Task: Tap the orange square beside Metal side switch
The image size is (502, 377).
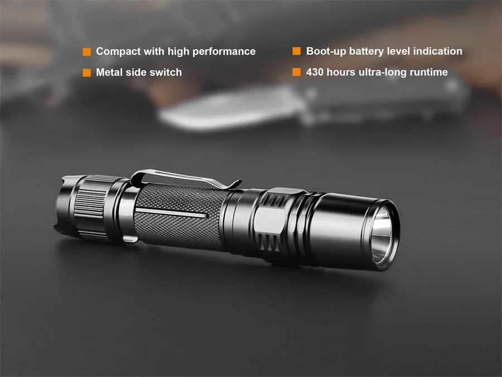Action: pos(86,73)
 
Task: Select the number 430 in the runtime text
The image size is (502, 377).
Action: pos(316,72)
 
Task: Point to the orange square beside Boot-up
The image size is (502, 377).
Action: pos(297,51)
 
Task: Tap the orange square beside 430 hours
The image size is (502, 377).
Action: pos(297,72)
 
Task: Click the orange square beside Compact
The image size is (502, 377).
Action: pos(86,52)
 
